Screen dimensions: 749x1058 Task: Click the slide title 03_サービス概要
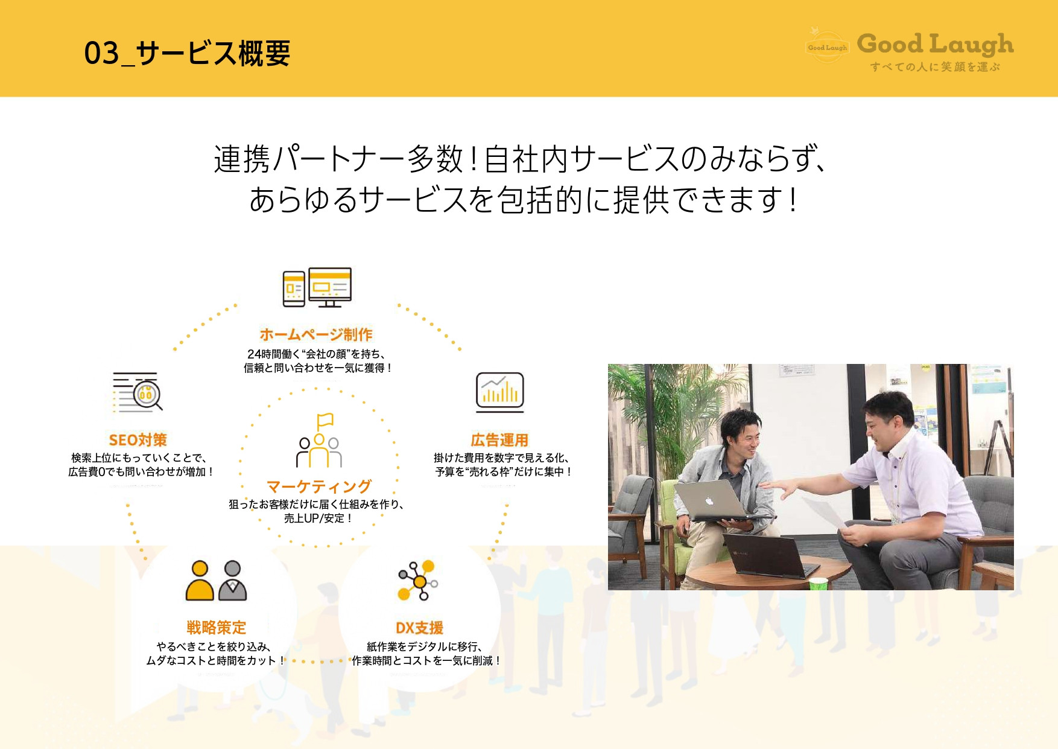[x=187, y=53]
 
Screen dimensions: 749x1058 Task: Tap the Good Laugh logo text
[x=934, y=44]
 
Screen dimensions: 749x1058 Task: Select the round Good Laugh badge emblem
[x=827, y=47]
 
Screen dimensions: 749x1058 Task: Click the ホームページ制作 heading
[x=315, y=334]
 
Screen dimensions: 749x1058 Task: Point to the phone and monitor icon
[x=317, y=287]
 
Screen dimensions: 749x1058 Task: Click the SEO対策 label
[x=138, y=440]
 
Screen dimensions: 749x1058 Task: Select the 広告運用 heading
[x=499, y=440]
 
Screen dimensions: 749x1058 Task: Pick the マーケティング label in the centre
[x=319, y=486]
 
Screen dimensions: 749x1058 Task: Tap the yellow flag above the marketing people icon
[x=325, y=420]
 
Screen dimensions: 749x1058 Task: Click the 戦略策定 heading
[x=216, y=628]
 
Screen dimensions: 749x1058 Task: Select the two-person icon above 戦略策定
[x=216, y=581]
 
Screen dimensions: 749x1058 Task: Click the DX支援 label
[x=419, y=628]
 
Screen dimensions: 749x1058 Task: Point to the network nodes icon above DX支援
[x=417, y=581]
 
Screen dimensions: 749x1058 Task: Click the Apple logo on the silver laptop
[x=709, y=501]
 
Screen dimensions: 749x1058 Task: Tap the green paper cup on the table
[x=818, y=584]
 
